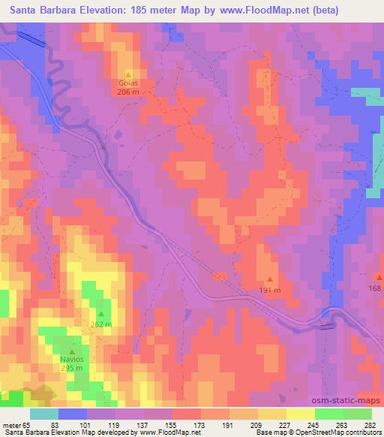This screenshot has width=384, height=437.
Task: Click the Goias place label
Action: point(128,83)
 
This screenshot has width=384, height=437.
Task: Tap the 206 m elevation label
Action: point(128,91)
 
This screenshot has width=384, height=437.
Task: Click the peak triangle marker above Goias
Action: point(128,74)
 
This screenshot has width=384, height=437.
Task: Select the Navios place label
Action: point(73,360)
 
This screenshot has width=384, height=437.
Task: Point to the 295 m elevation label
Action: point(73,369)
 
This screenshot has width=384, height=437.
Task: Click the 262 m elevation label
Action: point(100,324)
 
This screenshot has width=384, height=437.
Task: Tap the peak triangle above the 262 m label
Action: point(100,314)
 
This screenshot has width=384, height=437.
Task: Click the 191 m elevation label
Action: point(270,291)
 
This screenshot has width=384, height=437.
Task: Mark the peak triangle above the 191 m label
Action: point(270,280)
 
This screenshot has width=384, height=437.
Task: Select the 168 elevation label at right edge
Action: point(376,288)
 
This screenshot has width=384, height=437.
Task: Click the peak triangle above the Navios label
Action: point(73,351)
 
